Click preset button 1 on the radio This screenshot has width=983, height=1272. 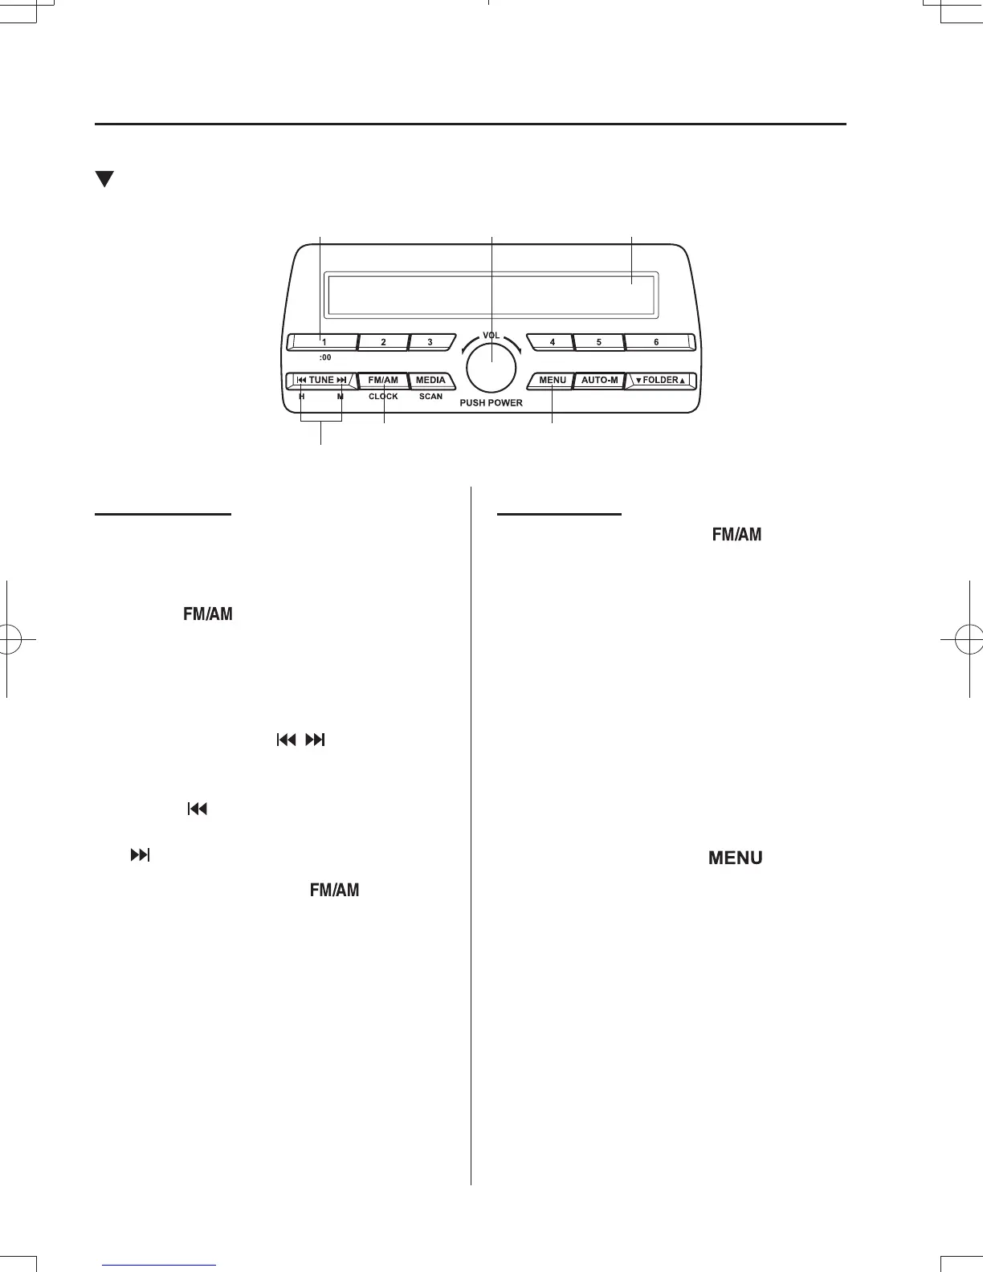[x=321, y=342]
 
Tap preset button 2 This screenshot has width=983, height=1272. [x=383, y=342]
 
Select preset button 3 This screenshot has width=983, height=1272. [x=430, y=342]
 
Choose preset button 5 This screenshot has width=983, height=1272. [x=599, y=342]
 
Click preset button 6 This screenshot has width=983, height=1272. [x=657, y=342]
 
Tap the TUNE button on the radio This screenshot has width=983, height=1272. [x=321, y=380]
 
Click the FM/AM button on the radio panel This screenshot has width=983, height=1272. [x=383, y=380]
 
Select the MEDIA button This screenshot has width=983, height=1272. [x=431, y=380]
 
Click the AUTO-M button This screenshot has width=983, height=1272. [x=599, y=380]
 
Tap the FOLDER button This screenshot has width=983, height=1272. [x=660, y=380]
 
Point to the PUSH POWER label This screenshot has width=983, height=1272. [x=491, y=403]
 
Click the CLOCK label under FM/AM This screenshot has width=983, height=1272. [x=383, y=397]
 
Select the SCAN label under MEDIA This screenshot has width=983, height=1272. [x=430, y=397]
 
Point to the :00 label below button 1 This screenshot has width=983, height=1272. [x=324, y=358]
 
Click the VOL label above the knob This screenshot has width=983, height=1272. [x=491, y=335]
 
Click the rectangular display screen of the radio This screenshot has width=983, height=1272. [x=491, y=294]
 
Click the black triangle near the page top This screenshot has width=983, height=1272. [x=104, y=179]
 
